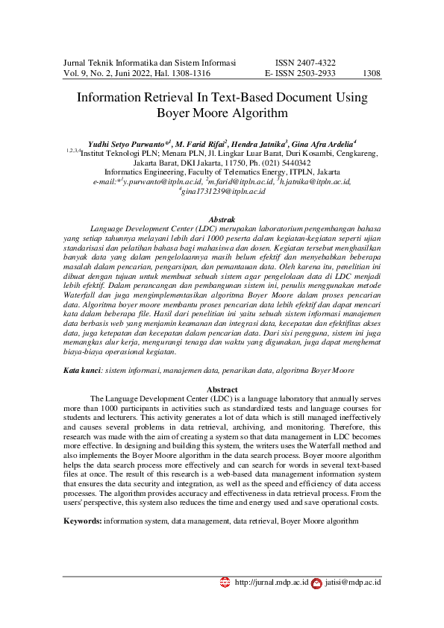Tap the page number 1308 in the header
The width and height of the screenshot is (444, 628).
pos(371,74)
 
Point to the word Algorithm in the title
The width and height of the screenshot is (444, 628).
pos(251,113)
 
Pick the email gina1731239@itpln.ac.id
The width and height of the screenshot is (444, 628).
pos(223,191)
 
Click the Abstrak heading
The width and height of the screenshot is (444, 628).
pos(222,219)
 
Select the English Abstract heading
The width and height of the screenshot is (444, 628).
pos(222,390)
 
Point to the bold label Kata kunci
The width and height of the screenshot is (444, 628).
pos(81,370)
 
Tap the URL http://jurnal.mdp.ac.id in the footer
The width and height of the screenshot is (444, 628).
pos(272,582)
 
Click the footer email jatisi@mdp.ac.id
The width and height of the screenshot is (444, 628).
pos(353,582)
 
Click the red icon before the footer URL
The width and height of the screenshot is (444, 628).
pos(225,582)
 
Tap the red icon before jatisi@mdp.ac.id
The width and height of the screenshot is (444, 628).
pos(316,582)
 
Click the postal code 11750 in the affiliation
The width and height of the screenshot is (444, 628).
pos(225,161)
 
